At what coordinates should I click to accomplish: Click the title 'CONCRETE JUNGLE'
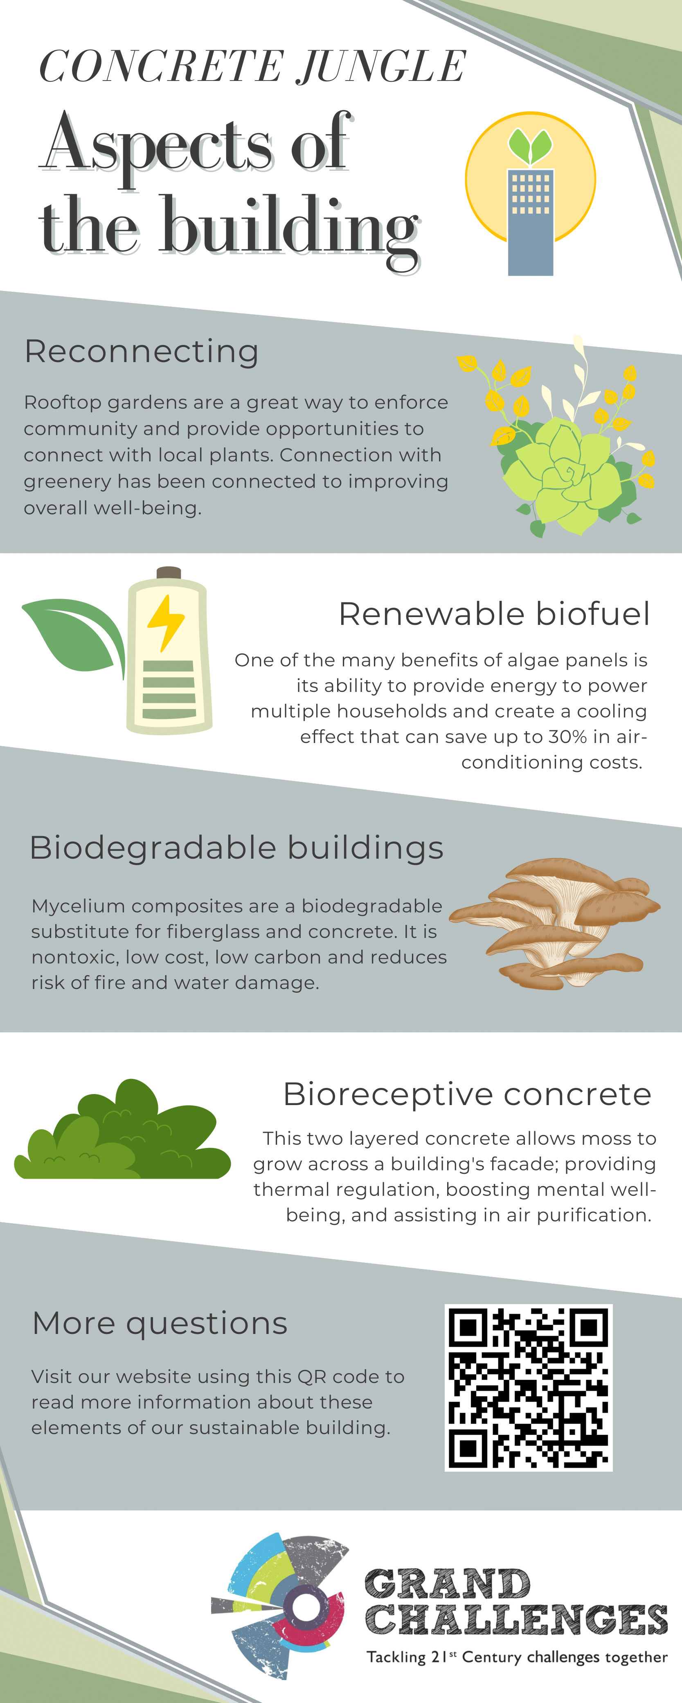[253, 67]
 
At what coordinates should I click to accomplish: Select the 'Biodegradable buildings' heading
[236, 848]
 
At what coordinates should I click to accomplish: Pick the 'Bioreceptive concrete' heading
[467, 1094]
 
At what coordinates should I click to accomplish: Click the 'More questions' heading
[160, 1323]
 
